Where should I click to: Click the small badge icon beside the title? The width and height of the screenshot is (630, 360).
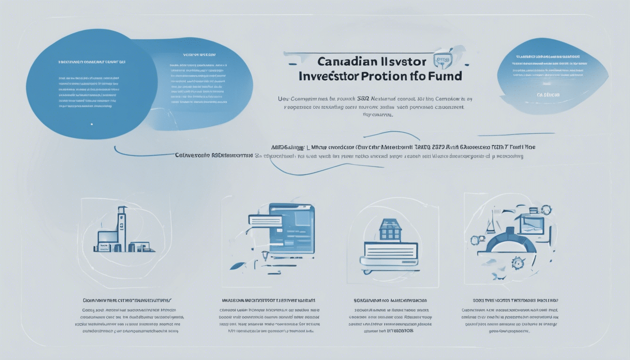(442, 59)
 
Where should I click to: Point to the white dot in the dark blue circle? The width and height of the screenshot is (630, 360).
(91, 124)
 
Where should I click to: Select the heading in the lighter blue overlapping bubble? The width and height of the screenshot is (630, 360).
(197, 54)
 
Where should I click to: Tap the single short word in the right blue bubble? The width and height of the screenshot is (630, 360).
(549, 94)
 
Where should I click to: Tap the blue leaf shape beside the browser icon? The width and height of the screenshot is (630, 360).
(238, 265)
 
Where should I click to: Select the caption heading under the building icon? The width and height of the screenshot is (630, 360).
(127, 300)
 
